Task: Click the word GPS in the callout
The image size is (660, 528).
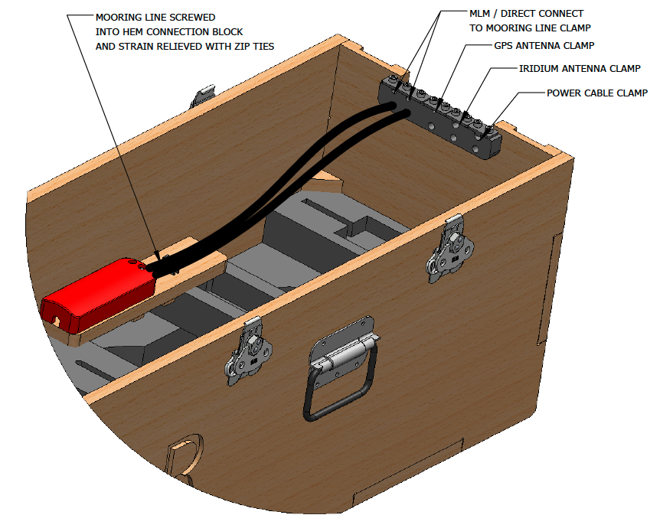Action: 505,46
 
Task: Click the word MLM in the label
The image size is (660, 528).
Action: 479,14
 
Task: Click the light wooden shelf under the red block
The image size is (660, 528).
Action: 191,260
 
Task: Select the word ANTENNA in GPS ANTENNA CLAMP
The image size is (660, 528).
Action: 545,46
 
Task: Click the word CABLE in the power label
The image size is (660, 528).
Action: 603,93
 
